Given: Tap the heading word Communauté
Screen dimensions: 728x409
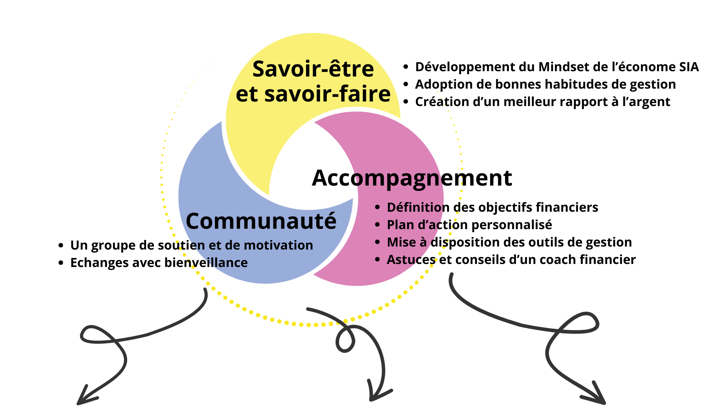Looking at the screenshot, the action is click(261, 221).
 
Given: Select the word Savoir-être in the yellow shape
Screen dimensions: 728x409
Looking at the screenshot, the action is click(313, 69).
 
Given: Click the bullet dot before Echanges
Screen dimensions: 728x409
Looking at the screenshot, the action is click(61, 263).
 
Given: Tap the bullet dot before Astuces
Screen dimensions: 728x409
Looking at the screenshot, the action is click(377, 260).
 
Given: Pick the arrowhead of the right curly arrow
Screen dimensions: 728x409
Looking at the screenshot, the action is click(597, 396).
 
